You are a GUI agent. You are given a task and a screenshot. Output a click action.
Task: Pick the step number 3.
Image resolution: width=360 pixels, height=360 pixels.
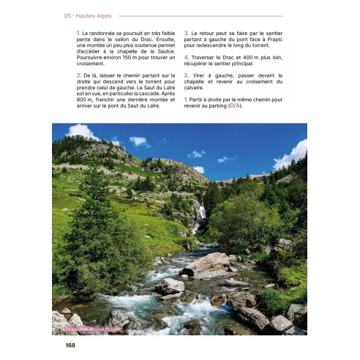[x=186, y=33]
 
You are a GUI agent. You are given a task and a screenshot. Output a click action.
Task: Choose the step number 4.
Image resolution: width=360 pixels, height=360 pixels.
[x=186, y=57]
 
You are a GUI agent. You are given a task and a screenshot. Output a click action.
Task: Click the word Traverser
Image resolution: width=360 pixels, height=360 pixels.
[x=207, y=57]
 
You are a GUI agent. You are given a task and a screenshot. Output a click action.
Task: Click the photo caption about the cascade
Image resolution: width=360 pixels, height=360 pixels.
[x=91, y=329]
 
